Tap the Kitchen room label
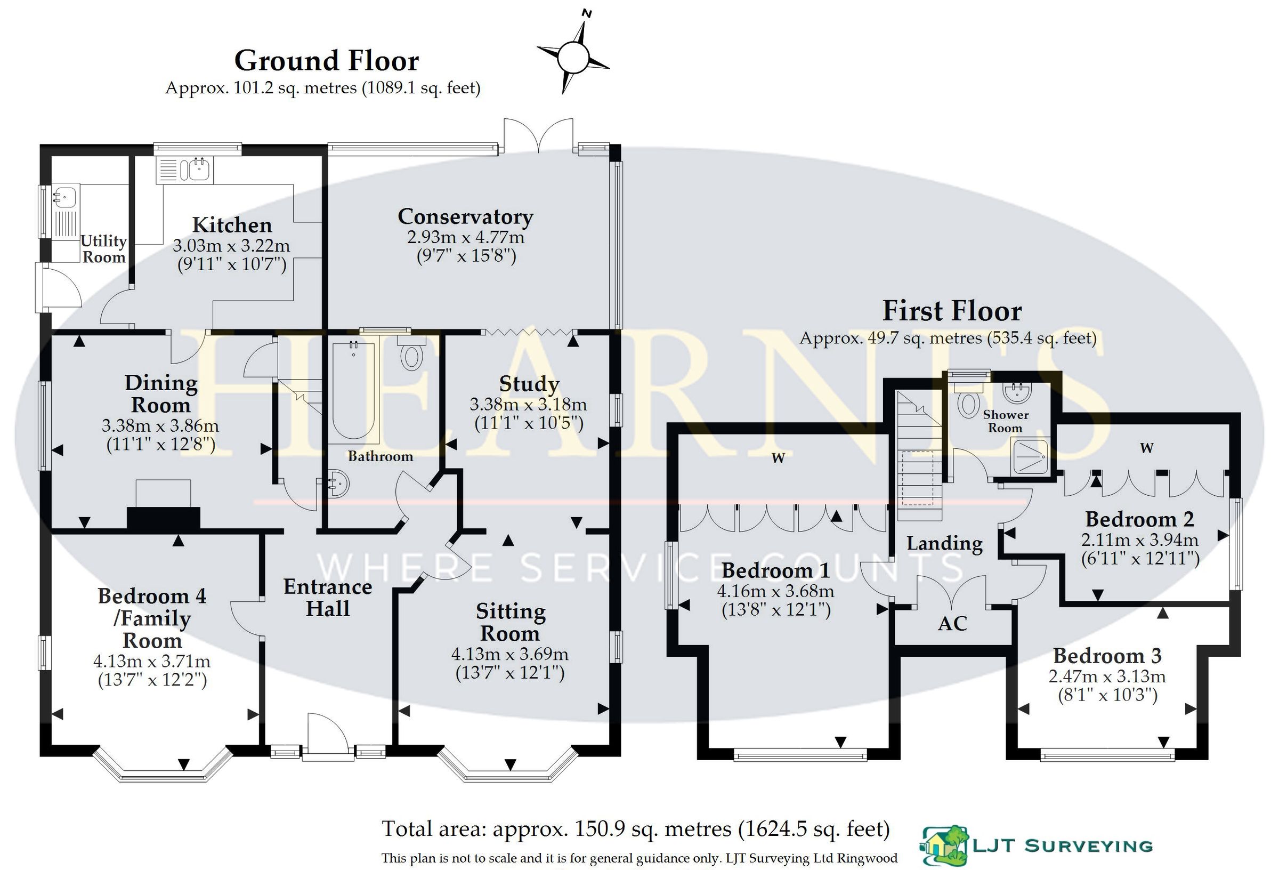[232, 225]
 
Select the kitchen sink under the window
[199, 170]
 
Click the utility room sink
[64, 196]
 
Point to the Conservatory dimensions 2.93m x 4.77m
[466, 237]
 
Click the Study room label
[529, 384]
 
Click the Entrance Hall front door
[327, 737]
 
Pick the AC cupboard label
[953, 624]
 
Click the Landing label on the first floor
[944, 543]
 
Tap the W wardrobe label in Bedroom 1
[778, 457]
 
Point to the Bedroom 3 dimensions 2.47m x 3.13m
[1107, 675]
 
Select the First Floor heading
[952, 311]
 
